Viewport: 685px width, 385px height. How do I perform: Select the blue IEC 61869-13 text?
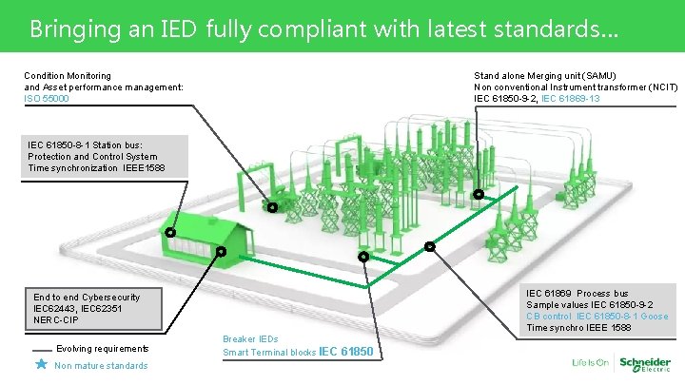(571, 99)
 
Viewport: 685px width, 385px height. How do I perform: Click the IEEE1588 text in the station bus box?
(144, 168)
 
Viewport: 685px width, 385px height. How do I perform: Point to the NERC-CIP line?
(58, 320)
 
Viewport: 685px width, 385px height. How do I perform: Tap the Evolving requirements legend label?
(103, 349)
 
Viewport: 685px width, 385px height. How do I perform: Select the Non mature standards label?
(102, 366)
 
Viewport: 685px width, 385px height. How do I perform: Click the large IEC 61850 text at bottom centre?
(346, 354)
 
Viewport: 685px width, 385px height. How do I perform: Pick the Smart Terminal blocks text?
(269, 354)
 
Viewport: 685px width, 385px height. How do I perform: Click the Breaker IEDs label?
(250, 339)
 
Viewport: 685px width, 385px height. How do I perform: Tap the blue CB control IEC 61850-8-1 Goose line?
(597, 316)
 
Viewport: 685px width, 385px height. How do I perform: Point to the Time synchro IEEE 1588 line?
(578, 327)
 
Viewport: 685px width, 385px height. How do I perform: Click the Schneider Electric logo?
(645, 363)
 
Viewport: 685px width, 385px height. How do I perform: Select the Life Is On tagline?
(591, 363)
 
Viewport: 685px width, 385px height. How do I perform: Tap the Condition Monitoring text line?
(68, 75)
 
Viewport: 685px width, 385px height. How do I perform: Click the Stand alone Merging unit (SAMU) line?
(545, 75)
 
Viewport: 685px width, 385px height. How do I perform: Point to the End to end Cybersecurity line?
(87, 298)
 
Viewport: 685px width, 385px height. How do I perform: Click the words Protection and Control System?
(93, 157)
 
